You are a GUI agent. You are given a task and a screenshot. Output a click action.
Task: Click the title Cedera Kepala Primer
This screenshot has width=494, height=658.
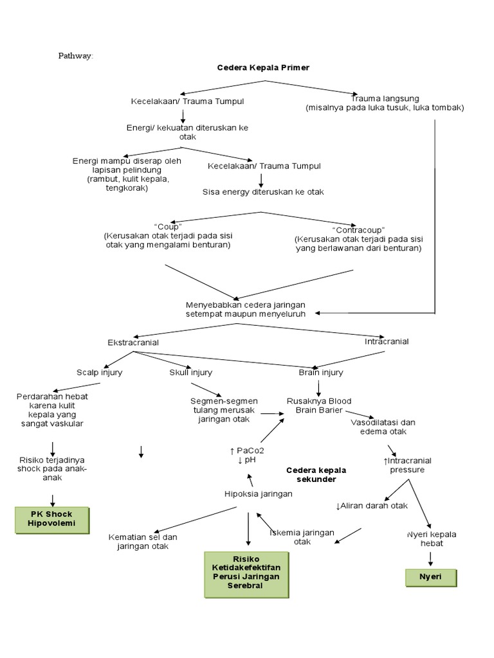tap(263, 67)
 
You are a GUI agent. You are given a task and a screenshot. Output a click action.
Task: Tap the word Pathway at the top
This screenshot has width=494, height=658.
tap(76, 56)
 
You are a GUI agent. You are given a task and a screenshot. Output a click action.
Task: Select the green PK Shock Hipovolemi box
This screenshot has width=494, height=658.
tap(52, 519)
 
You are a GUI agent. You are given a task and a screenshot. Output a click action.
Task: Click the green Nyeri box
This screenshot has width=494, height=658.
tap(431, 576)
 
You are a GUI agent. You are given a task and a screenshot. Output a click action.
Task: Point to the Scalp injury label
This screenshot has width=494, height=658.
tap(100, 372)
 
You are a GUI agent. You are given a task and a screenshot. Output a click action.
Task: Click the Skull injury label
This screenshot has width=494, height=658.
tap(191, 372)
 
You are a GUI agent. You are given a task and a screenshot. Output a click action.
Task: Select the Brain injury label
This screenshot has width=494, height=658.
tap(321, 372)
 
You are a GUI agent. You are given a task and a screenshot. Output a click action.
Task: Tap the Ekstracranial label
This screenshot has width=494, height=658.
tap(133, 342)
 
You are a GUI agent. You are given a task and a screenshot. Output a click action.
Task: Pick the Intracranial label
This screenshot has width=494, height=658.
tap(387, 341)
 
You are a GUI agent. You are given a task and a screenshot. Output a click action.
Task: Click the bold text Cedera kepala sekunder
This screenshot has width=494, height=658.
tap(311, 475)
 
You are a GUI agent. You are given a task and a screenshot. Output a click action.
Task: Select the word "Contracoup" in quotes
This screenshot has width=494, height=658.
tap(358, 230)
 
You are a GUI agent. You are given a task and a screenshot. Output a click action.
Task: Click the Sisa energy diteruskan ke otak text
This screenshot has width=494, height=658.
tap(263, 191)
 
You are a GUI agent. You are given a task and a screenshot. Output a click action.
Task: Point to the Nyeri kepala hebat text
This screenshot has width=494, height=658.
tap(432, 538)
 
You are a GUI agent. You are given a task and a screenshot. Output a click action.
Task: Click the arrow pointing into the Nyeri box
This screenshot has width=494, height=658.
tap(431, 558)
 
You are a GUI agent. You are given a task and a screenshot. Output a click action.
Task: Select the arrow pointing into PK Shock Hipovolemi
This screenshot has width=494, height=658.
tap(53, 500)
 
